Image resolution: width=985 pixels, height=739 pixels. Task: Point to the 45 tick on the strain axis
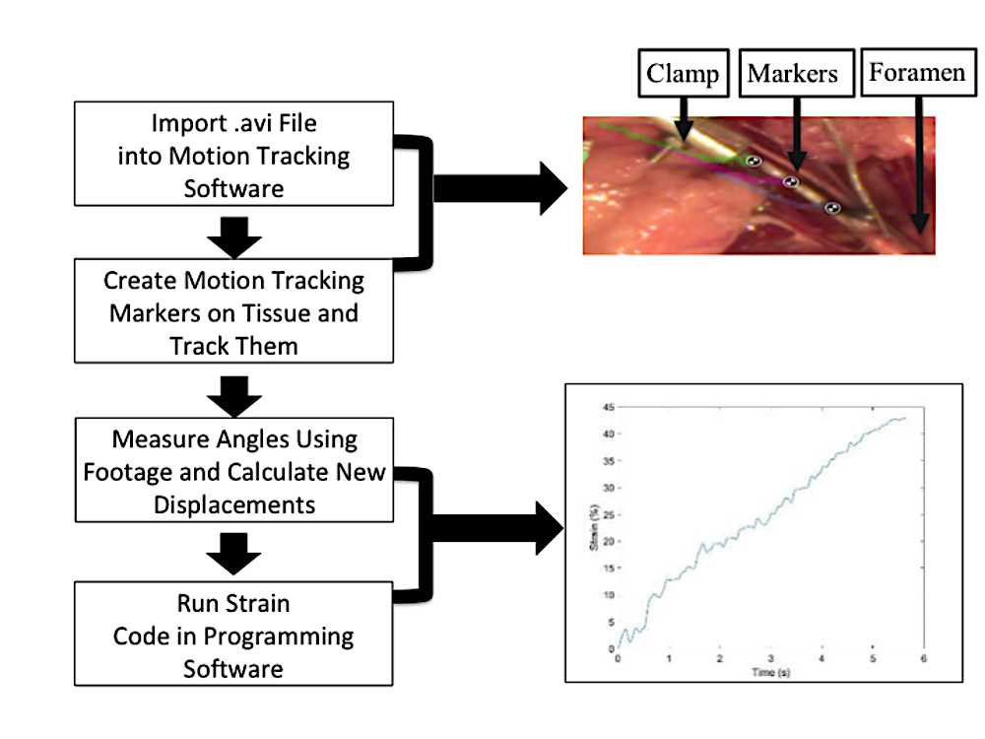608,407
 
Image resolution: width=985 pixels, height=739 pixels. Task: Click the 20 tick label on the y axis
608,542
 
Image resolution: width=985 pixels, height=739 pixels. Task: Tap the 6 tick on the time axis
924,658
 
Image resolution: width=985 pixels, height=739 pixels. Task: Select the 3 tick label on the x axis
771,658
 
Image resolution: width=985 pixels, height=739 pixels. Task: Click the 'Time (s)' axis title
771,672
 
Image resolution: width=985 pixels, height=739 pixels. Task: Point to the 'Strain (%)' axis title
594,527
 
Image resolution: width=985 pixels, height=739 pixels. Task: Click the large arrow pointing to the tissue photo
500,188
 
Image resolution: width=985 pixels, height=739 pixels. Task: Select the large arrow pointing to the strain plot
498,528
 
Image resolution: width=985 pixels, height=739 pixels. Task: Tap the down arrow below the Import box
234,237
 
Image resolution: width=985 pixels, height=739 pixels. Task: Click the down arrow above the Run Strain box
233,554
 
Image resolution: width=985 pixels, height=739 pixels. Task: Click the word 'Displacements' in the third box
234,505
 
